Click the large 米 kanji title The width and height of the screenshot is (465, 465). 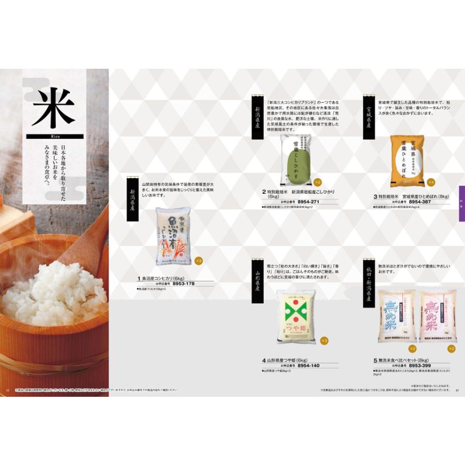(53, 107)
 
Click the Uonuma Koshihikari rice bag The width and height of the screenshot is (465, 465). (173, 236)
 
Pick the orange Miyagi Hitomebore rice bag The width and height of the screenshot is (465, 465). (407, 161)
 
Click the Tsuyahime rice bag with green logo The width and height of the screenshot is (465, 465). (296, 317)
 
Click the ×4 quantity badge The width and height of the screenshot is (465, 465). (431, 182)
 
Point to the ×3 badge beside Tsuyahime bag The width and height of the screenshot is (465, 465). (324, 340)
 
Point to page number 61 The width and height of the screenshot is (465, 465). (457, 390)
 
